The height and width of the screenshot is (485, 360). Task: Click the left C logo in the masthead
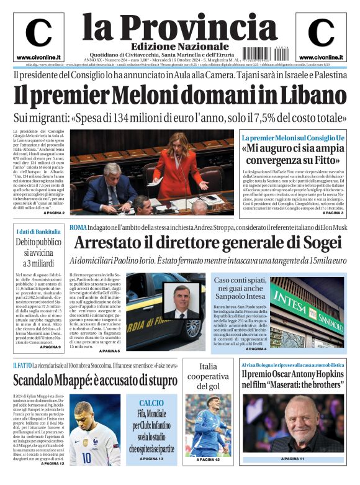click(x=38, y=33)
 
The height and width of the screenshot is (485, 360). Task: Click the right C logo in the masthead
click(x=321, y=33)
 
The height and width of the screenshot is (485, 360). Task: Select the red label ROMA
click(x=78, y=227)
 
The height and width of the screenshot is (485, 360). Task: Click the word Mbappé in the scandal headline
click(x=94, y=379)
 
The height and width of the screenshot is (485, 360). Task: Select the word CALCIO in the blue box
click(x=151, y=403)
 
